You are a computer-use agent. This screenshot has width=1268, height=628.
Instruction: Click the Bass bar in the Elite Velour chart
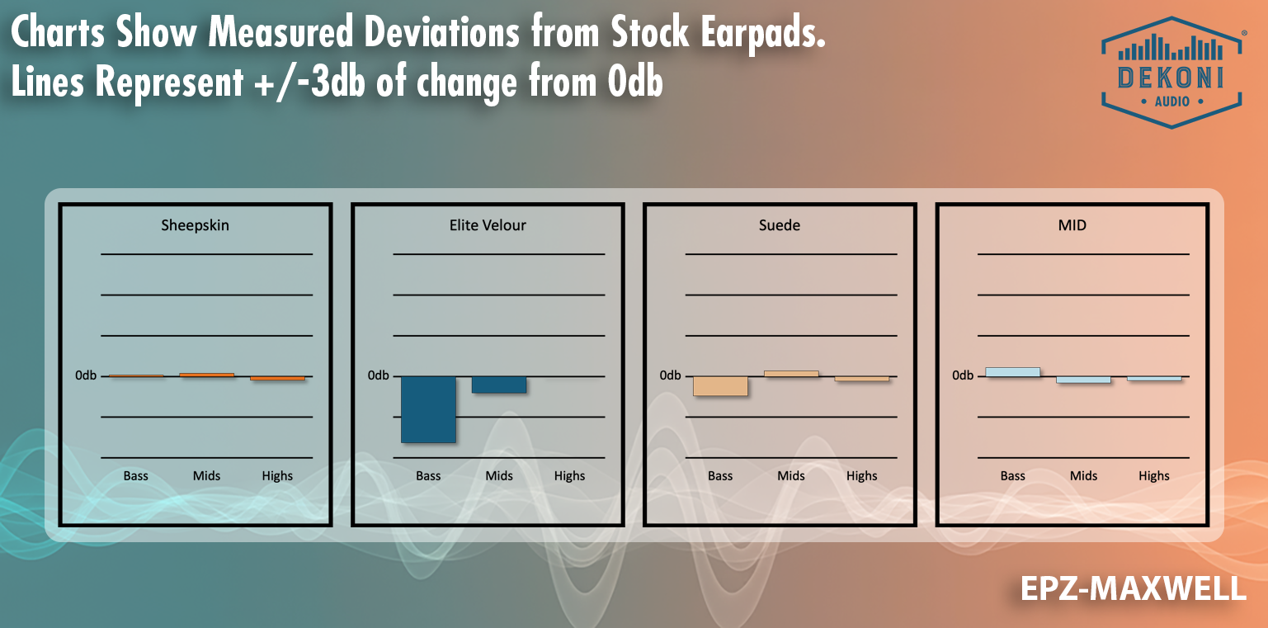click(x=428, y=409)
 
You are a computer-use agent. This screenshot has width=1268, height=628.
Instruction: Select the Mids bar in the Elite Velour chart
click(x=498, y=385)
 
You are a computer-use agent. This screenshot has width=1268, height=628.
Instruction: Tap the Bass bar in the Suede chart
click(x=720, y=386)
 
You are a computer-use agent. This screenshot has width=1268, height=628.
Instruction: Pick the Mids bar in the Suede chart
click(x=791, y=374)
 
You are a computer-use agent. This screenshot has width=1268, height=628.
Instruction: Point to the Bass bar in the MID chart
click(x=1012, y=372)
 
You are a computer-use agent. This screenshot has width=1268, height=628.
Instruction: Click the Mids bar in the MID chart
click(x=1083, y=380)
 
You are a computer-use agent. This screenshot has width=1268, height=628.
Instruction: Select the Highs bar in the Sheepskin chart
click(x=277, y=378)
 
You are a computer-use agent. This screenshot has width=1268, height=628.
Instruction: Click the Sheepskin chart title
click(x=195, y=224)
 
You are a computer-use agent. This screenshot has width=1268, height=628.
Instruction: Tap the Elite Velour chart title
click(x=488, y=224)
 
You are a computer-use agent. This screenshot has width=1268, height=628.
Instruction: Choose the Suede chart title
click(x=780, y=224)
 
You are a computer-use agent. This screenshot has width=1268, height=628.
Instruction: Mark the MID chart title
click(x=1072, y=224)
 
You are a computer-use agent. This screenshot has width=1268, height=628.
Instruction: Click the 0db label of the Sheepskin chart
click(x=86, y=375)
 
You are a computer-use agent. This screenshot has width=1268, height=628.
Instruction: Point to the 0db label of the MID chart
click(x=963, y=375)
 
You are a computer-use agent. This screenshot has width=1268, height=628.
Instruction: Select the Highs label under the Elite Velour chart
click(x=569, y=476)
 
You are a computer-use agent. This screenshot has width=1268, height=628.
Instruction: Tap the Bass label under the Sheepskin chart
click(x=136, y=476)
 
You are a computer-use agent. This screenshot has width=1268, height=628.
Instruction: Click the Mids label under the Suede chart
click(x=791, y=476)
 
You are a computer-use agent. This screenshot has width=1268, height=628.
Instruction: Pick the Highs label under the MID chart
click(x=1154, y=476)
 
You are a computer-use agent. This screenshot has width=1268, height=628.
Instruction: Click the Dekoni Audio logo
click(x=1171, y=72)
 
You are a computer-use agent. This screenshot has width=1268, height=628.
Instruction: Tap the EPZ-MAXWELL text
click(x=1133, y=588)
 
